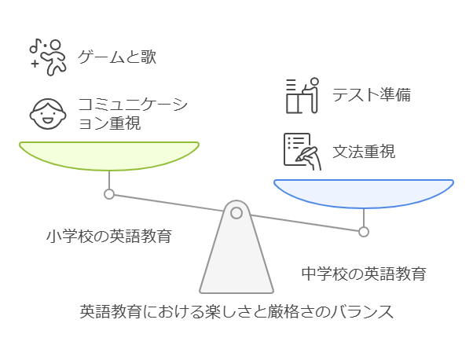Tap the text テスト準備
[x=371, y=95]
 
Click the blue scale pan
[x=364, y=193]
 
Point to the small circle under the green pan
[x=109, y=193]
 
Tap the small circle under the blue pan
[x=364, y=231]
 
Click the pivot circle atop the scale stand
[x=236, y=212]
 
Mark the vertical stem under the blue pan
[x=364, y=218]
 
